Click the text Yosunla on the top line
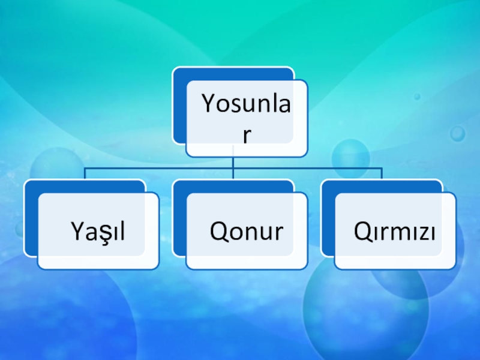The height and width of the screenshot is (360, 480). (247, 105)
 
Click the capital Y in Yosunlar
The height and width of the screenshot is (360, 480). (208, 105)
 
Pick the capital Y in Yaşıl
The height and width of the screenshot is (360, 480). (77, 231)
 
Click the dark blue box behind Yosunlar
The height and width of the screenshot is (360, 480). (179, 108)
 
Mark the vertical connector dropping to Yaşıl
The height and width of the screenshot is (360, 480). (85, 174)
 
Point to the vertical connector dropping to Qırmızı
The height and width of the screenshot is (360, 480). (382, 174)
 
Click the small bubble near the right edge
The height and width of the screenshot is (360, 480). (458, 133)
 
